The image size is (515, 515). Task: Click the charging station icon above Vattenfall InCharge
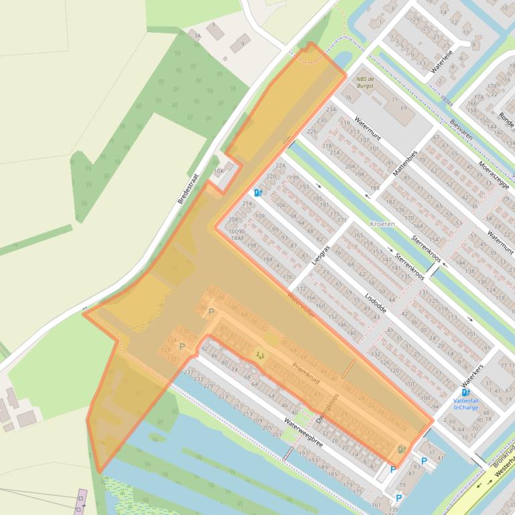click(466, 392)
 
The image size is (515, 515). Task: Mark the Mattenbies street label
click(405, 164)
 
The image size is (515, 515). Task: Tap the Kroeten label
click(382, 224)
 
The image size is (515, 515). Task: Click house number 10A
click(218, 171)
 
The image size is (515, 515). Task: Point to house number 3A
click(197, 35)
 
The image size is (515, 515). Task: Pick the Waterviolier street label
click(301, 304)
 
